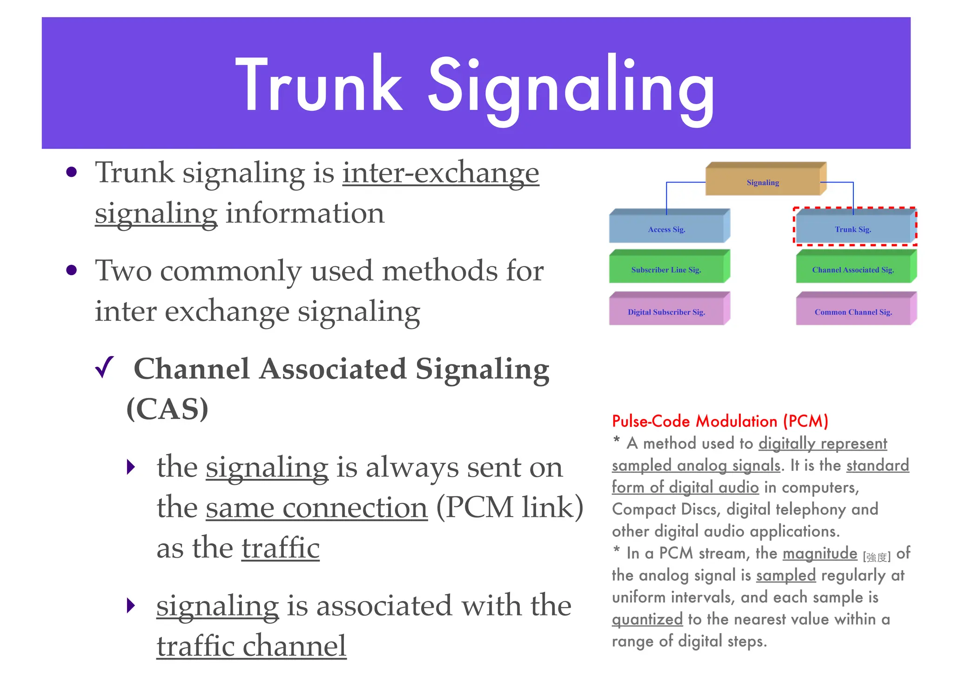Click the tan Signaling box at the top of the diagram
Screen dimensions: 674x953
click(x=763, y=182)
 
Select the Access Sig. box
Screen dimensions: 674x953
click(x=666, y=229)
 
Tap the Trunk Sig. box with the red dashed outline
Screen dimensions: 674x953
click(x=852, y=229)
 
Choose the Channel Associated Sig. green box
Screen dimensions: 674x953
click(x=852, y=270)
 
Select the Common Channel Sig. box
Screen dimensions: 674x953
click(x=852, y=312)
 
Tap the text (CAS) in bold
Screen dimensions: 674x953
click(x=168, y=409)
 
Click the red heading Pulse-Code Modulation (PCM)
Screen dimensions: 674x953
click(x=719, y=421)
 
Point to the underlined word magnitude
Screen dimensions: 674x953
click(x=819, y=553)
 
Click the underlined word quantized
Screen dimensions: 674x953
click(x=647, y=619)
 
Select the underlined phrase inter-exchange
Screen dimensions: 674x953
click(x=440, y=173)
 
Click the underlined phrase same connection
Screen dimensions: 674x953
click(x=316, y=507)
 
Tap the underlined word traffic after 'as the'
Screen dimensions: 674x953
click(x=281, y=548)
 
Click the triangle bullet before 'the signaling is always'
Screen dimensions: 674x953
click(x=131, y=467)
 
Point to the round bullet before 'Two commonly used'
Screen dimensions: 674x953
click(x=71, y=270)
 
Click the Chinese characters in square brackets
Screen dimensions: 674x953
click(x=877, y=557)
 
